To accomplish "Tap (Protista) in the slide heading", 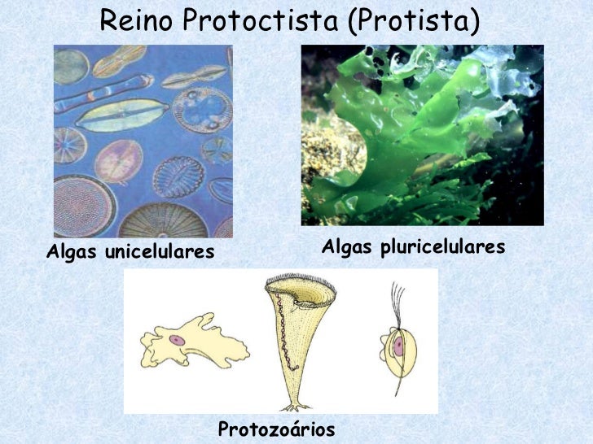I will click(x=411, y=22).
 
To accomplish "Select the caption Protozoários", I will click(x=277, y=429).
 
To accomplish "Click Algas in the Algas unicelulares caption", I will click(x=70, y=252).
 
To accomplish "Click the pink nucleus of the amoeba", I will click(x=177, y=340).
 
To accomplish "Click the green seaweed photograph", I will click(x=422, y=135).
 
